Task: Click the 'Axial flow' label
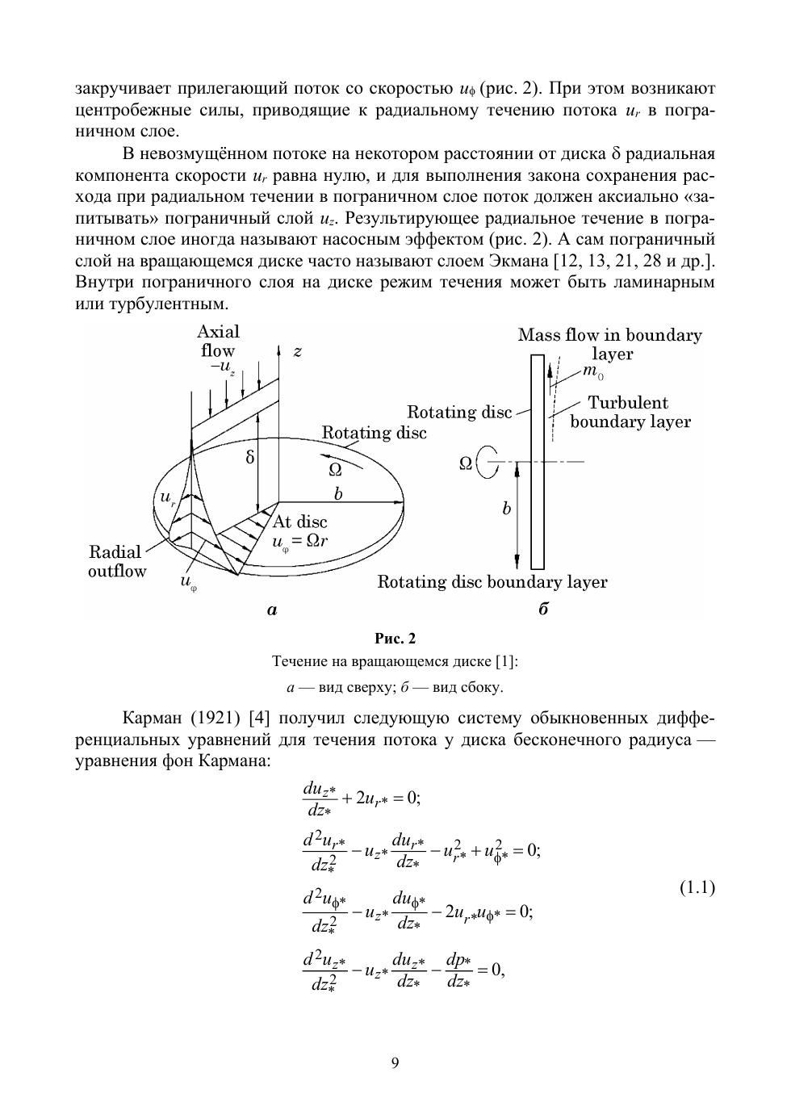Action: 218,342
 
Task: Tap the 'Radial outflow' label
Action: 116,562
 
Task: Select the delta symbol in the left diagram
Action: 249,458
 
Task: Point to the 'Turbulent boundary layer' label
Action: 630,412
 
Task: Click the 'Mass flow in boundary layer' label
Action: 610,344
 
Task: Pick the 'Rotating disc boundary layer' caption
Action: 492,582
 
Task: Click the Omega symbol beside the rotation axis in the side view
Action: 466,463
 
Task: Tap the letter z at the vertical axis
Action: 297,351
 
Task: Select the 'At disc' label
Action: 300,522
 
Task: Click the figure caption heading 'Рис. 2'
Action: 395,639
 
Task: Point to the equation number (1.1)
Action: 697,889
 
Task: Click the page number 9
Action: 395,1062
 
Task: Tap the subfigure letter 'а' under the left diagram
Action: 272,610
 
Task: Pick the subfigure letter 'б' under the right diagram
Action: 543,610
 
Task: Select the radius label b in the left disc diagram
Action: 338,494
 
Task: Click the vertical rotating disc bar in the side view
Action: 538,460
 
